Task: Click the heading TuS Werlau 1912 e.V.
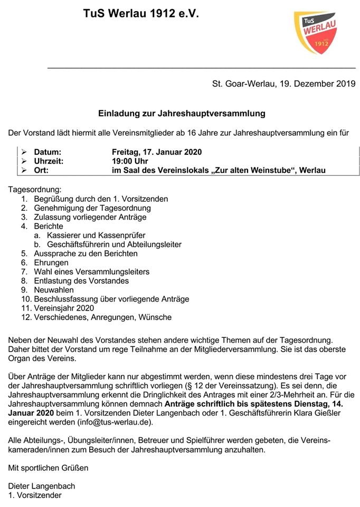[x=141, y=15]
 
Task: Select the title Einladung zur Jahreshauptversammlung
[x=182, y=113]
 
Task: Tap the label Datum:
[x=48, y=152]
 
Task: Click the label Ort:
[x=42, y=170]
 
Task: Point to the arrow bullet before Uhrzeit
[x=24, y=161]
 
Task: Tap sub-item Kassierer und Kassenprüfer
[x=96, y=236]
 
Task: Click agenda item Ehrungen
[x=51, y=262]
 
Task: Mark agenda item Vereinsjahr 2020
[x=64, y=308]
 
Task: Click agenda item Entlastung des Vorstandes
[x=81, y=281]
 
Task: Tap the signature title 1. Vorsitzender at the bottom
[x=35, y=495]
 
